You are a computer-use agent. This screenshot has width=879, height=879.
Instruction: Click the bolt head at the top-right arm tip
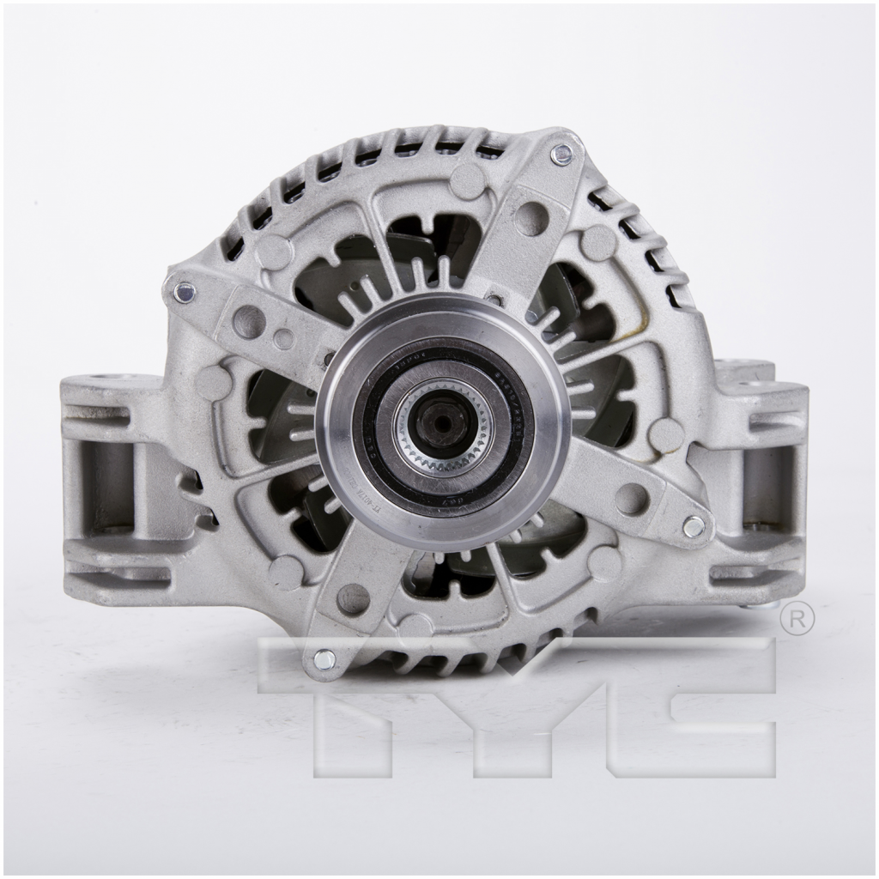561,155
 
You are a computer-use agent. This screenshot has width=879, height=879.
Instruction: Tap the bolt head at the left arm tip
182,292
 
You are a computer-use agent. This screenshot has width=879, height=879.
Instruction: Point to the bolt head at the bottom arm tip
324,659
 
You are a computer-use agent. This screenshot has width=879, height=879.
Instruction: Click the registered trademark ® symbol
797,620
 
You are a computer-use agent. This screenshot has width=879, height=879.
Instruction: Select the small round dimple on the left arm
283,339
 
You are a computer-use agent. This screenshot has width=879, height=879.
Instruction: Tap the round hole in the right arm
632,498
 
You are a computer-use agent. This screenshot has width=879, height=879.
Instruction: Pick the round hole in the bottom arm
353,598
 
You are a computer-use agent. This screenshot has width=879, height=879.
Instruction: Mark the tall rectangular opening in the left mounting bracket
107,485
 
